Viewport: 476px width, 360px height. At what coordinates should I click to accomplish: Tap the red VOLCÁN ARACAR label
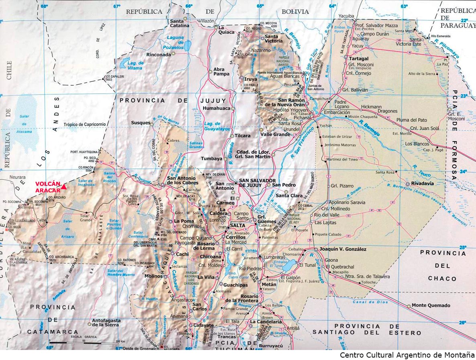(48, 187)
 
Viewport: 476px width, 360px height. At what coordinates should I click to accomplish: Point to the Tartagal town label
(359, 59)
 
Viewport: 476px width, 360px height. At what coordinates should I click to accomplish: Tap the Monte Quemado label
(431, 305)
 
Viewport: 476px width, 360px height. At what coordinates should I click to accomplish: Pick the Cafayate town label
(203, 325)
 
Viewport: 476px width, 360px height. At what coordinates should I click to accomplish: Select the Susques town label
(140, 123)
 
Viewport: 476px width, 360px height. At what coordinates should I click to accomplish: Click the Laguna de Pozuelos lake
(187, 46)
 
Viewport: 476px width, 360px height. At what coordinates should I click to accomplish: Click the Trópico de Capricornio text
(85, 125)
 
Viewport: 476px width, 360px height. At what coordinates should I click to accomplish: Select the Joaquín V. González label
(343, 249)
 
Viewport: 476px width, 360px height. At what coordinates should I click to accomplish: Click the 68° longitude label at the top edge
(44, 6)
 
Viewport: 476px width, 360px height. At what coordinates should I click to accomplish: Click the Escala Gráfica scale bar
(84, 342)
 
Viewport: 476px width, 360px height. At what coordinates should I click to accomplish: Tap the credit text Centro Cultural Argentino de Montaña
(407, 355)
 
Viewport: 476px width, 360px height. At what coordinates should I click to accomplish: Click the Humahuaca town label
(216, 108)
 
